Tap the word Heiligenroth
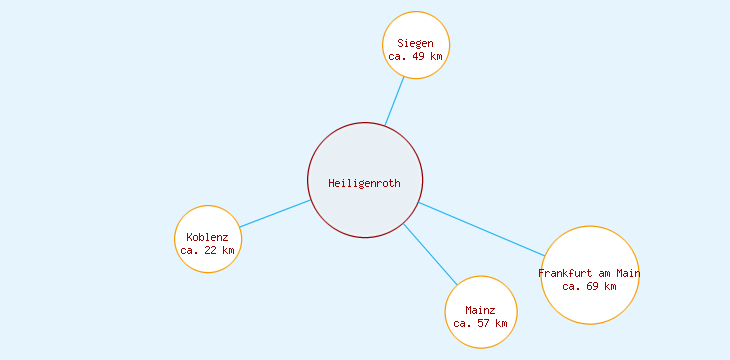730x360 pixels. pos(365,183)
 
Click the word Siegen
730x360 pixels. pos(415,43)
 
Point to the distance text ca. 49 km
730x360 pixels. pos(416,57)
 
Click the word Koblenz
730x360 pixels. pos(207,237)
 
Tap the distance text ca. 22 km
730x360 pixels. pos(208,250)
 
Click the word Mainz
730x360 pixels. pos(480,310)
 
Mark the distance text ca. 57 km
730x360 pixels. pos(481,323)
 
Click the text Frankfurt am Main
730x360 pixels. pos(589,273)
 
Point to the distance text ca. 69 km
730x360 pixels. pos(589,286)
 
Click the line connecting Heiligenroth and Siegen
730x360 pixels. pos(395,101)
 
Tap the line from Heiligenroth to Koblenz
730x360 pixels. pos(275,214)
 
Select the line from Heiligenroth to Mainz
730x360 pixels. pos(430,254)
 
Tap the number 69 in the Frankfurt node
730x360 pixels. pos(593,286)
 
